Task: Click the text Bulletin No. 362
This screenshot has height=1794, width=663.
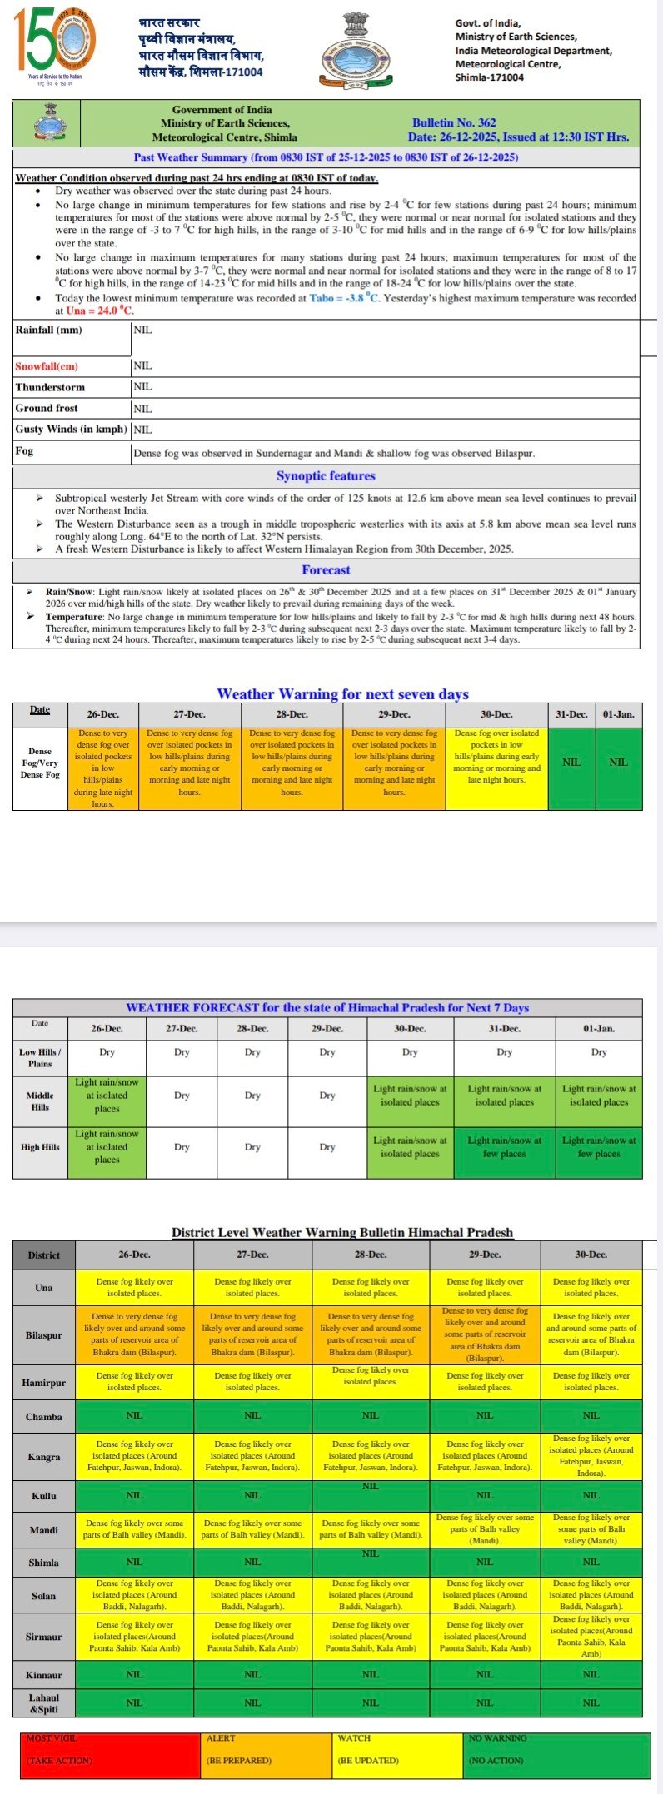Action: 454,122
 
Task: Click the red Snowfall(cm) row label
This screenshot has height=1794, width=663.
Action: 47,366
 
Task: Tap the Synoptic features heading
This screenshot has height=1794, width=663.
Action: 326,476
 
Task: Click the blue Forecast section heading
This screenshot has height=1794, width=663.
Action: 326,570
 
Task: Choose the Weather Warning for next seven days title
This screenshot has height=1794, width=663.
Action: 342,694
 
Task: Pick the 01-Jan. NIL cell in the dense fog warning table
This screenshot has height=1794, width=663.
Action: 618,763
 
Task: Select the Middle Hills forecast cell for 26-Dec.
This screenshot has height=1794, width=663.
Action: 107,1096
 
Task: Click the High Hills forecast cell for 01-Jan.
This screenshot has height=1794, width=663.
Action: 599,1147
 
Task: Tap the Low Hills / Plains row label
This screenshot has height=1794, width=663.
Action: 40,1057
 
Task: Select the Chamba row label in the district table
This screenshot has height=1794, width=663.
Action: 43,1416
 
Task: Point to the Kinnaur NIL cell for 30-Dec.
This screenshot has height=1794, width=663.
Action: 591,1674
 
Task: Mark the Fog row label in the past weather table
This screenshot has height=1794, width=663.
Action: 25,451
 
